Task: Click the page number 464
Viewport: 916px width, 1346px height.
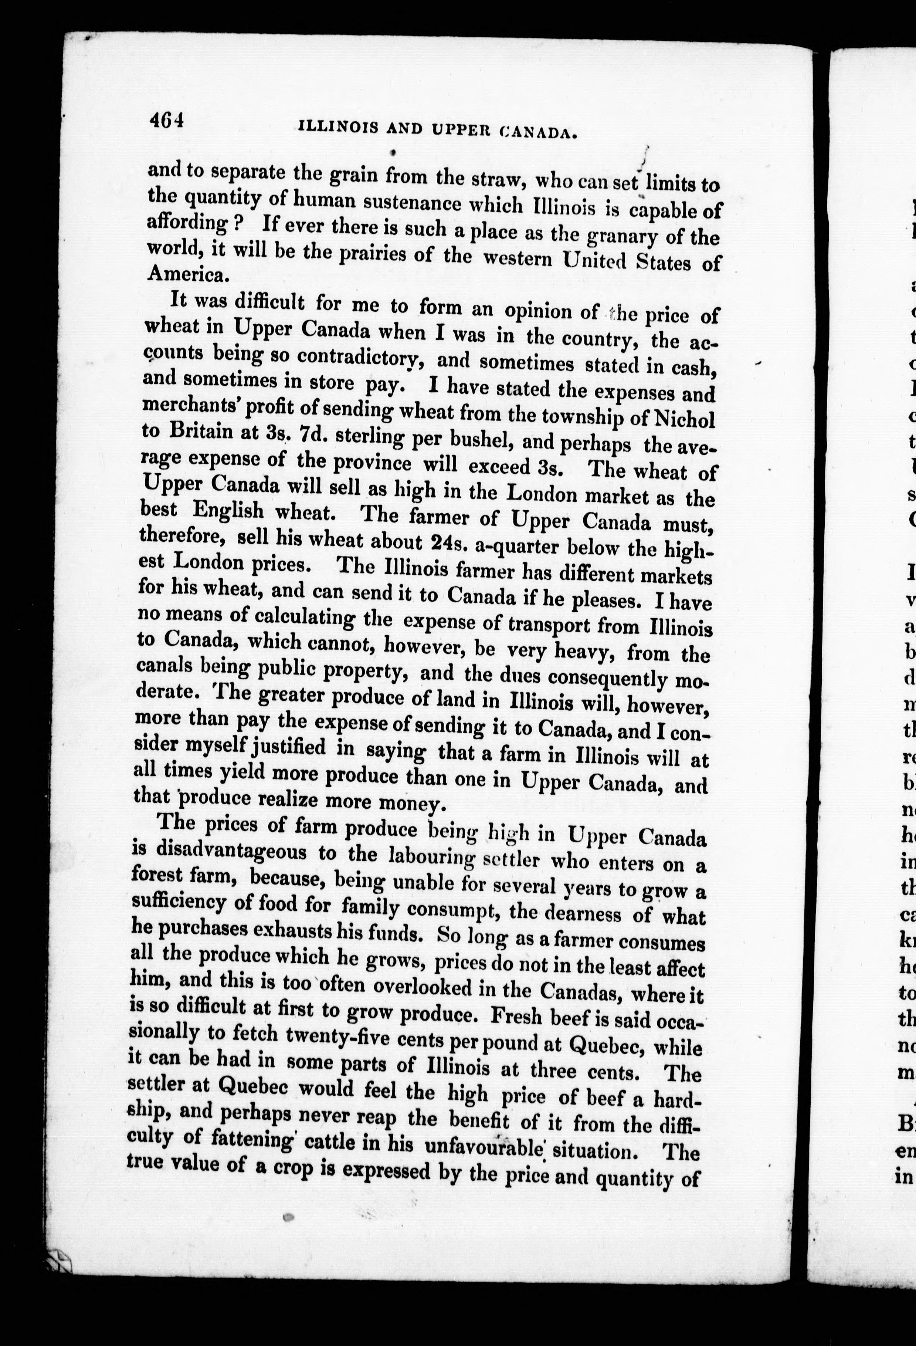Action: (166, 121)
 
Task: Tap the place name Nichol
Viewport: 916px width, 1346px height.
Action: (683, 419)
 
